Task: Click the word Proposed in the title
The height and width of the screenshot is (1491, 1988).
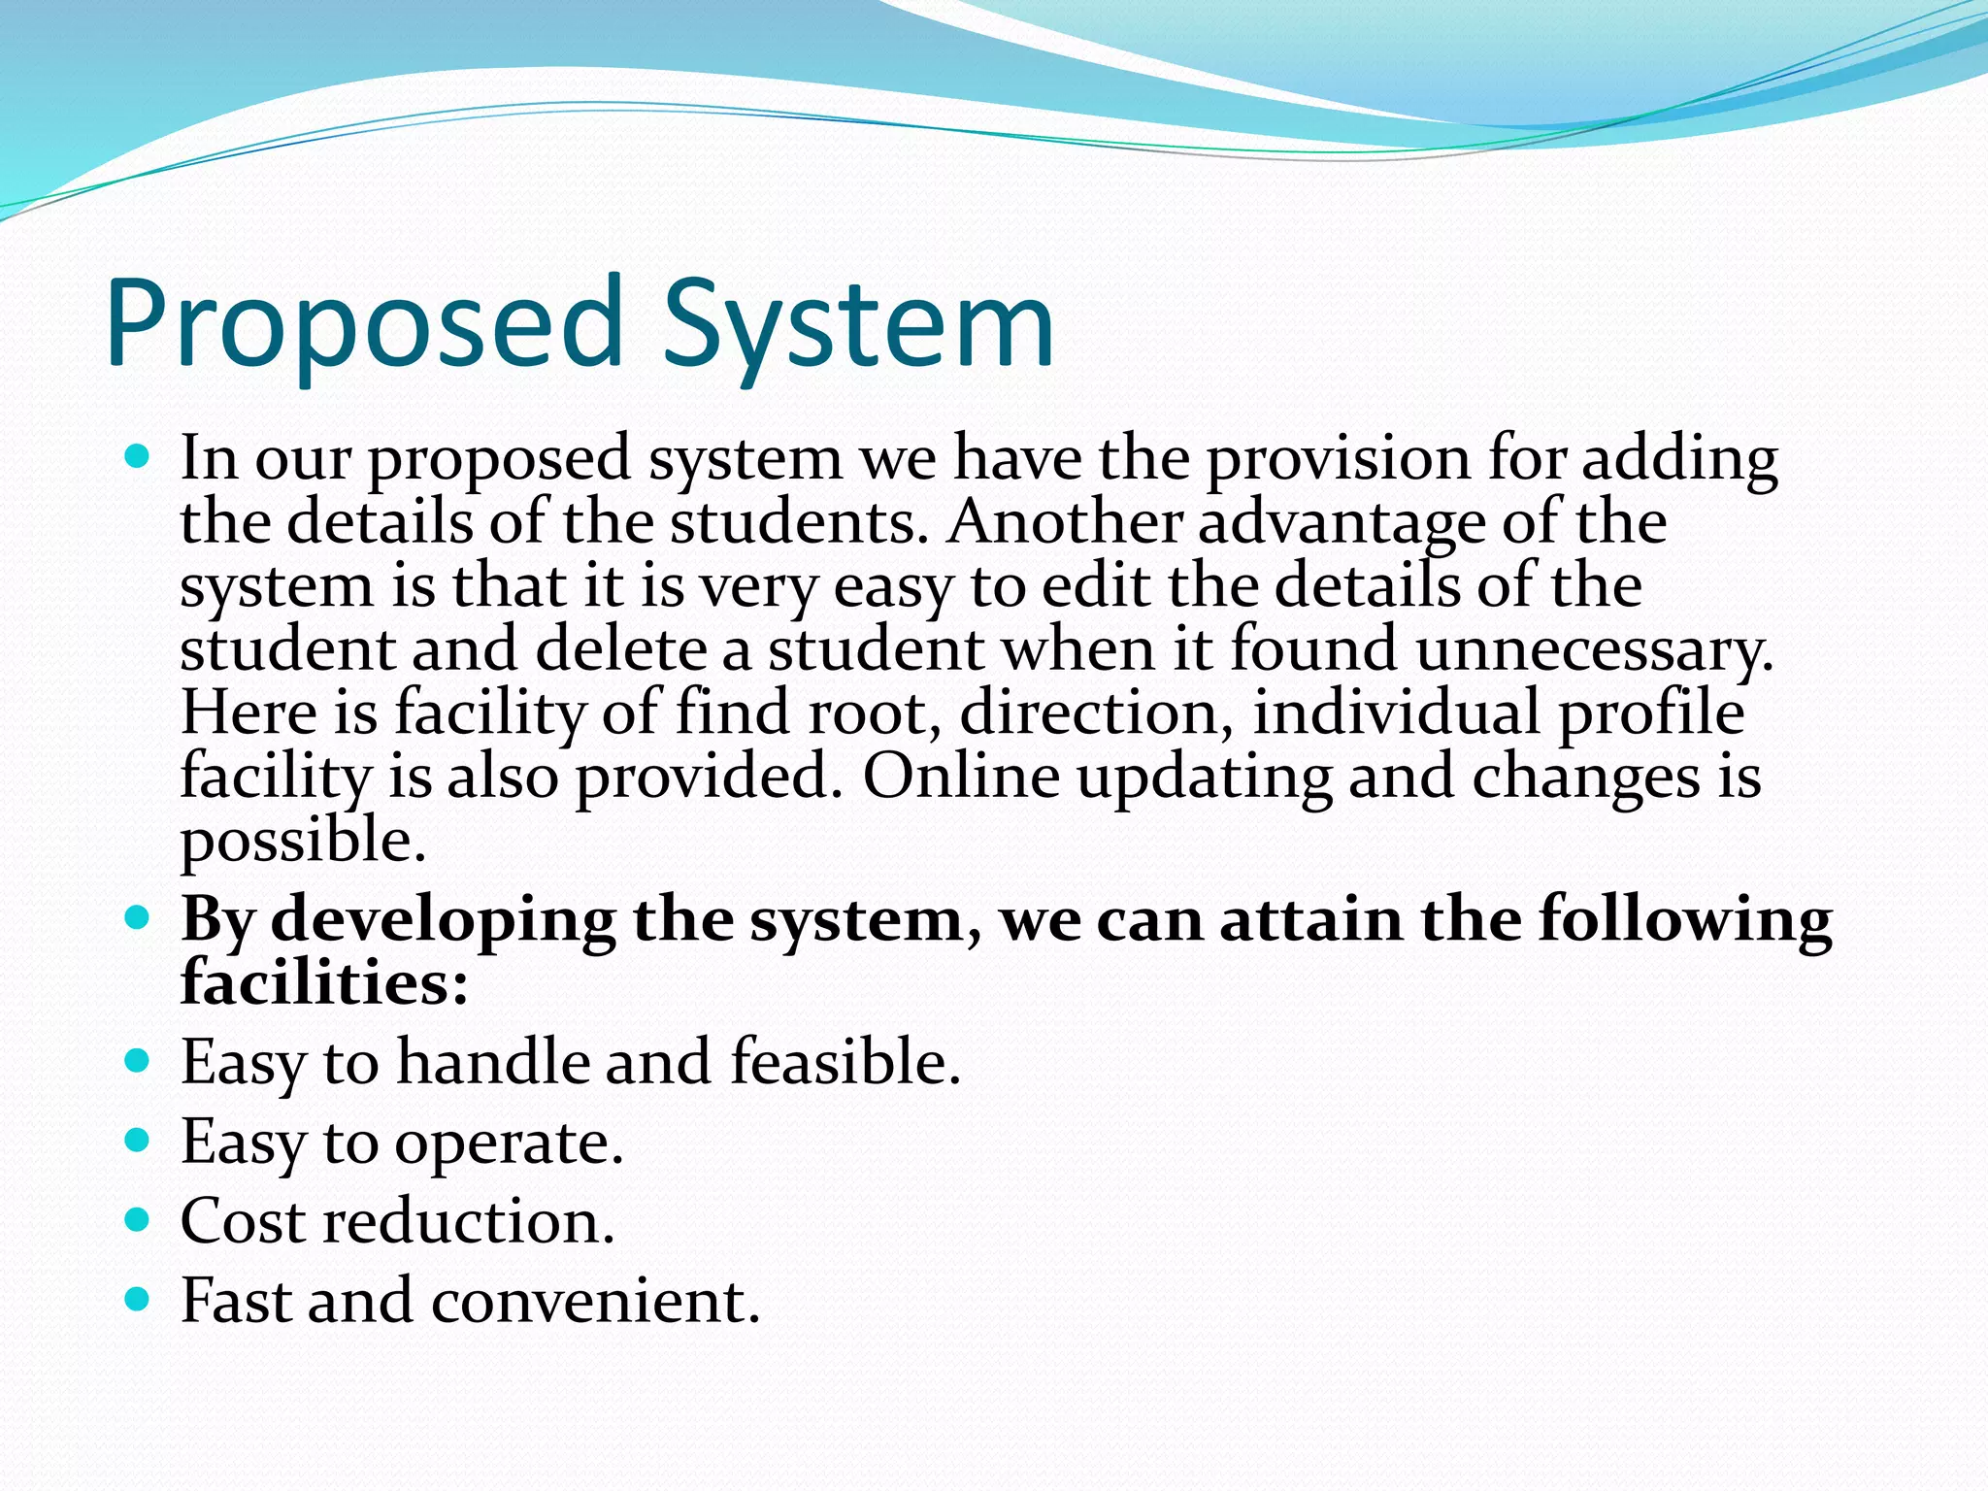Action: pos(364,325)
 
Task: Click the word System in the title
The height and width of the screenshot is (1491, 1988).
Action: pos(858,325)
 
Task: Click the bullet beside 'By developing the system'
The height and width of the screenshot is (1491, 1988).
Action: pos(138,916)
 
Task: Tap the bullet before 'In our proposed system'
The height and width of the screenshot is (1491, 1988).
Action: pos(138,454)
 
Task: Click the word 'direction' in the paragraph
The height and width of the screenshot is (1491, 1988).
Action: pos(1096,712)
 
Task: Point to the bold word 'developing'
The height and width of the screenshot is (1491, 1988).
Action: pos(443,920)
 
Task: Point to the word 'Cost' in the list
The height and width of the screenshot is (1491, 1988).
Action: pos(244,1221)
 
